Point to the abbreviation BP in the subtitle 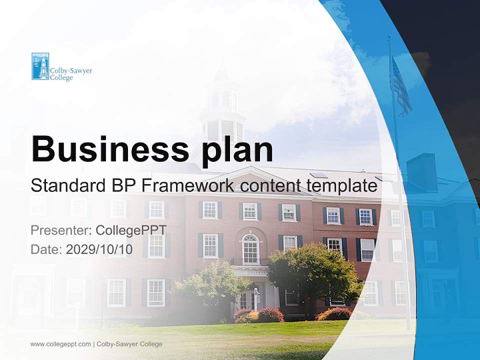pyautogui.click(x=124, y=186)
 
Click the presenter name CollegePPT pyautogui.click(x=131, y=230)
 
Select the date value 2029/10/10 pyautogui.click(x=99, y=249)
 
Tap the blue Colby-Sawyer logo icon pyautogui.click(x=40, y=66)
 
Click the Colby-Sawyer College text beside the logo pyautogui.click(x=71, y=74)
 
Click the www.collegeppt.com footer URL pyautogui.click(x=60, y=344)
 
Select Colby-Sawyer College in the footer pyautogui.click(x=129, y=344)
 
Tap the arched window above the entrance pyautogui.click(x=250, y=248)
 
